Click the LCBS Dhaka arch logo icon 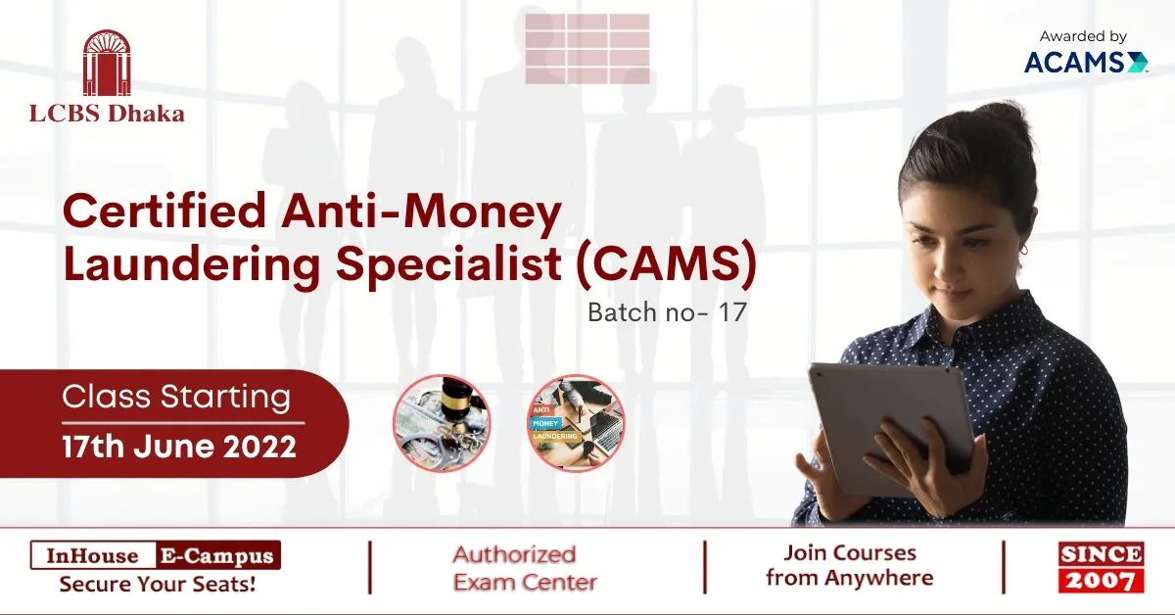[107, 63]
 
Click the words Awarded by [1083, 36]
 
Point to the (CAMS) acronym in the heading [666, 262]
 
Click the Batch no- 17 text [667, 312]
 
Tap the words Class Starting [176, 397]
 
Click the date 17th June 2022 [179, 447]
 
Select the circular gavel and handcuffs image [442, 423]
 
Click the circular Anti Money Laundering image [576, 423]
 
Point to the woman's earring [1023, 250]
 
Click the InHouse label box [93, 555]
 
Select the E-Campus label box [218, 555]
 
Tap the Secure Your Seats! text [158, 584]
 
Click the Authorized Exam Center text [525, 568]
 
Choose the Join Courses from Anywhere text [850, 565]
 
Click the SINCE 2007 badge [1101, 567]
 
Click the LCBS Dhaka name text [107, 114]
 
